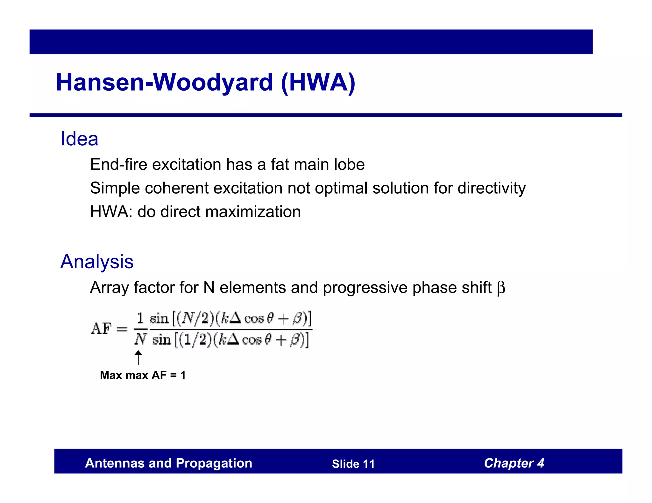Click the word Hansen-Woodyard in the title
(164, 82)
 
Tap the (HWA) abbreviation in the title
(318, 82)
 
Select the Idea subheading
(79, 139)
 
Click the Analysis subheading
(97, 262)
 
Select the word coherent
(177, 188)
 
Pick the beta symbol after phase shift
(501, 288)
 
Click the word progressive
(365, 288)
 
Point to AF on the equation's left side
(101, 328)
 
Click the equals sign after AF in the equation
(122, 329)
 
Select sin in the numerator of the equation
(159, 318)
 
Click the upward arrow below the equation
(138, 358)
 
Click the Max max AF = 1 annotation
(143, 375)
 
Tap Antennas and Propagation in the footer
(168, 463)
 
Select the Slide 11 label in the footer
(353, 464)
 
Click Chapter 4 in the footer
(514, 463)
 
